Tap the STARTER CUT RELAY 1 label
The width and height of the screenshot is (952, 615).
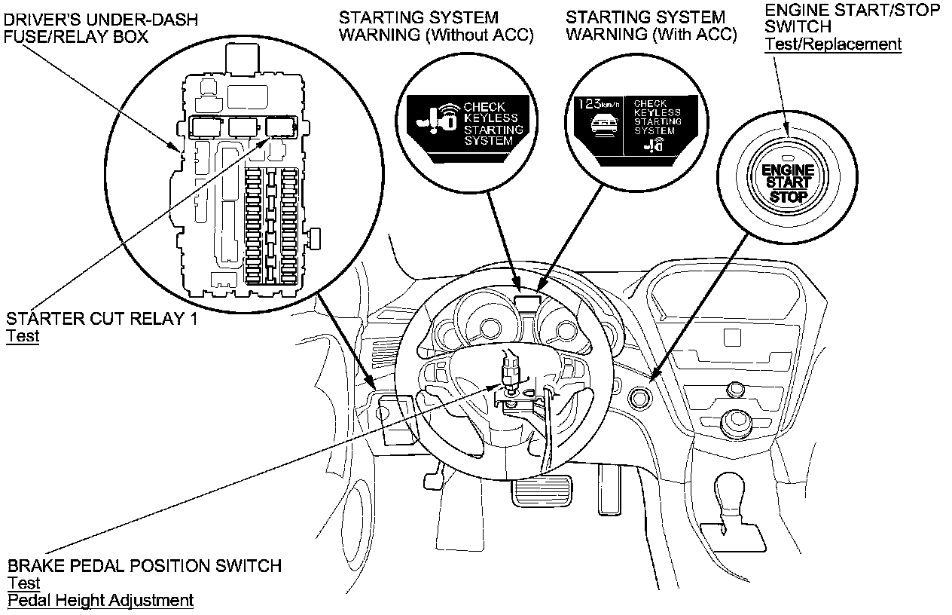102,319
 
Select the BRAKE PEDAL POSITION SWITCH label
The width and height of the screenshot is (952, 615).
145,565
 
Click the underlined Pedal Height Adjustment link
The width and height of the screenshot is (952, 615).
100,601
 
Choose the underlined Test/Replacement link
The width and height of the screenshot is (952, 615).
833,44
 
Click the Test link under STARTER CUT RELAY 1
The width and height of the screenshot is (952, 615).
23,336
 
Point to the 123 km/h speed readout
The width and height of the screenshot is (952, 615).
595,105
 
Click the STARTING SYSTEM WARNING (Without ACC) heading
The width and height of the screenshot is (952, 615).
436,26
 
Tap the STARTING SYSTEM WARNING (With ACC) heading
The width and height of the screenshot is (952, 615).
651,26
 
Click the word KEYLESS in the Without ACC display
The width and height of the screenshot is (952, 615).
491,118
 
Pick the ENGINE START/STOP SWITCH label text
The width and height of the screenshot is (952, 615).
852,18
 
